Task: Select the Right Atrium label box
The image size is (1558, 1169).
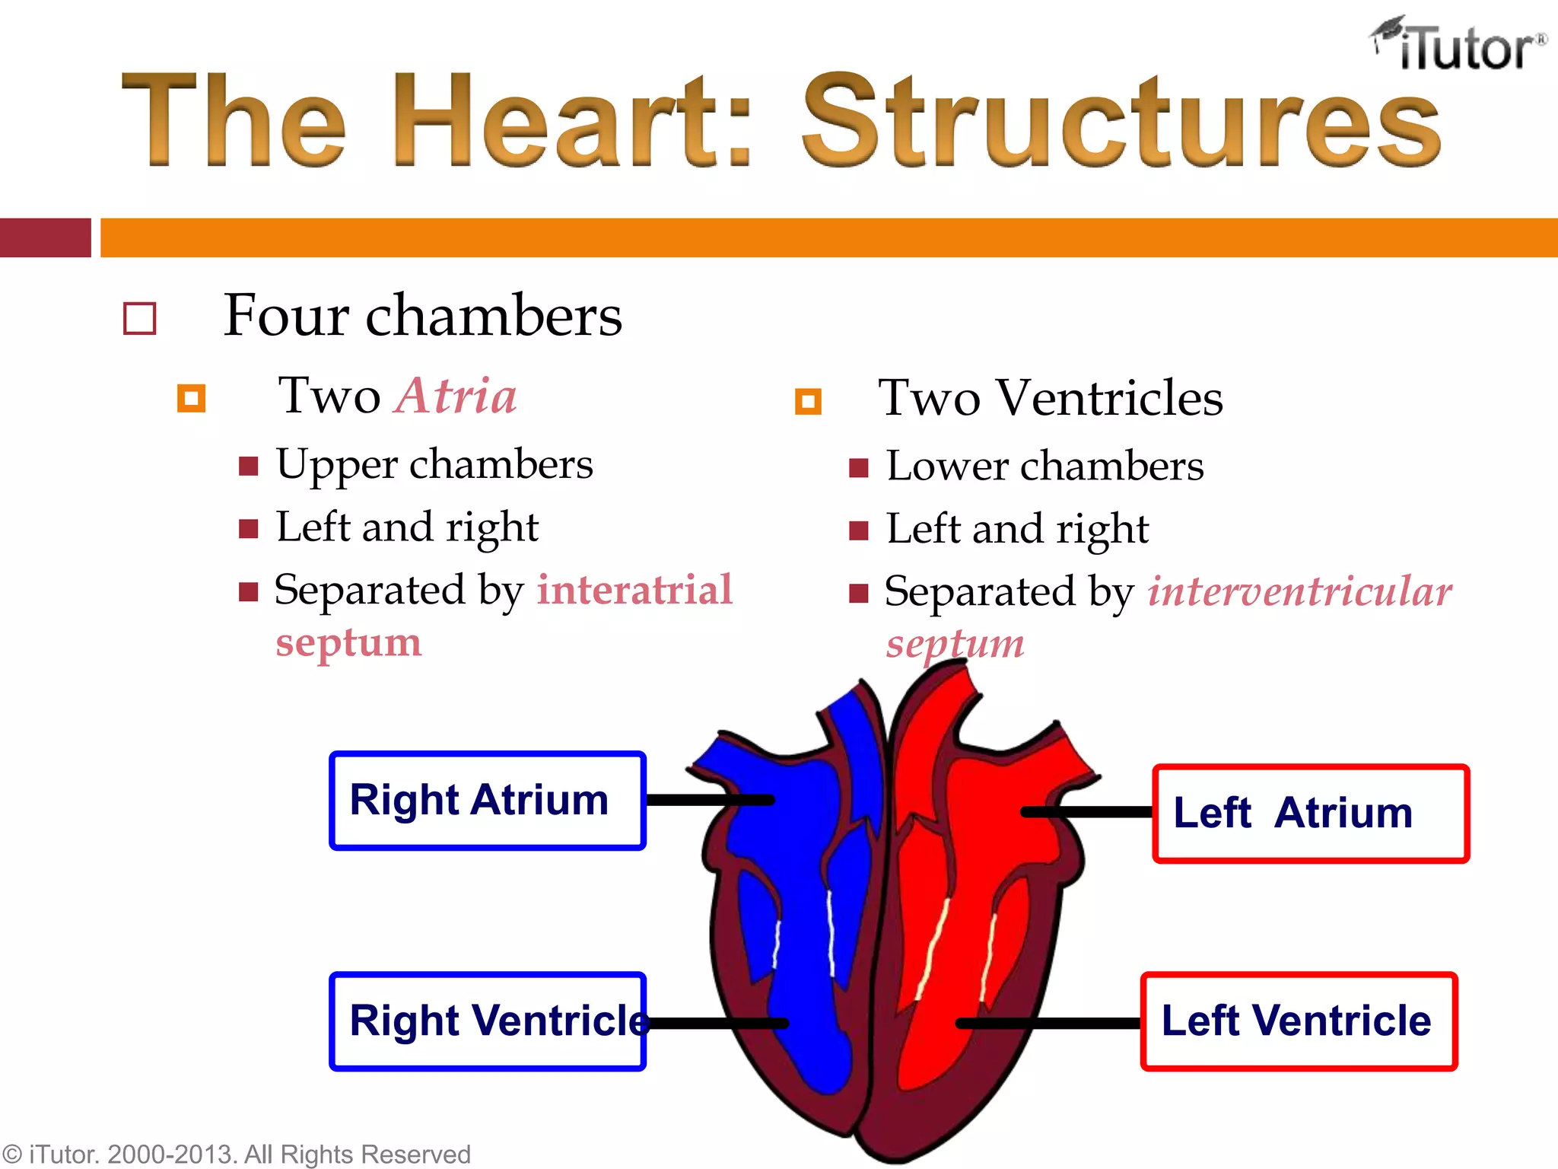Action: (487, 801)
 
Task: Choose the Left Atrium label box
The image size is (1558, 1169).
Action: (1310, 814)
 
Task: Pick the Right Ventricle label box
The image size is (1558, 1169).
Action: (487, 1021)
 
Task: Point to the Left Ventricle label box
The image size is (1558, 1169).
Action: (1298, 1021)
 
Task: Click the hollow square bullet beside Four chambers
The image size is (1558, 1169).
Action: (140, 318)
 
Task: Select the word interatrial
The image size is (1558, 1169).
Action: (634, 590)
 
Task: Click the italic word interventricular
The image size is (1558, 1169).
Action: (1299, 591)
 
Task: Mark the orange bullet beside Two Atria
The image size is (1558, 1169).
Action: (191, 398)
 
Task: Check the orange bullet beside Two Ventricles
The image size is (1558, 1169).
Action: (808, 401)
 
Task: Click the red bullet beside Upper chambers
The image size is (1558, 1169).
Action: (248, 466)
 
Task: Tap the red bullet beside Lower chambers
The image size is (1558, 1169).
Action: (858, 468)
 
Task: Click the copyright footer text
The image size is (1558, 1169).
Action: (236, 1155)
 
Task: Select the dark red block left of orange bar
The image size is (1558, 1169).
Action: (45, 237)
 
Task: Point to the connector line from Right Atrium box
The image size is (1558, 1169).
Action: (709, 800)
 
